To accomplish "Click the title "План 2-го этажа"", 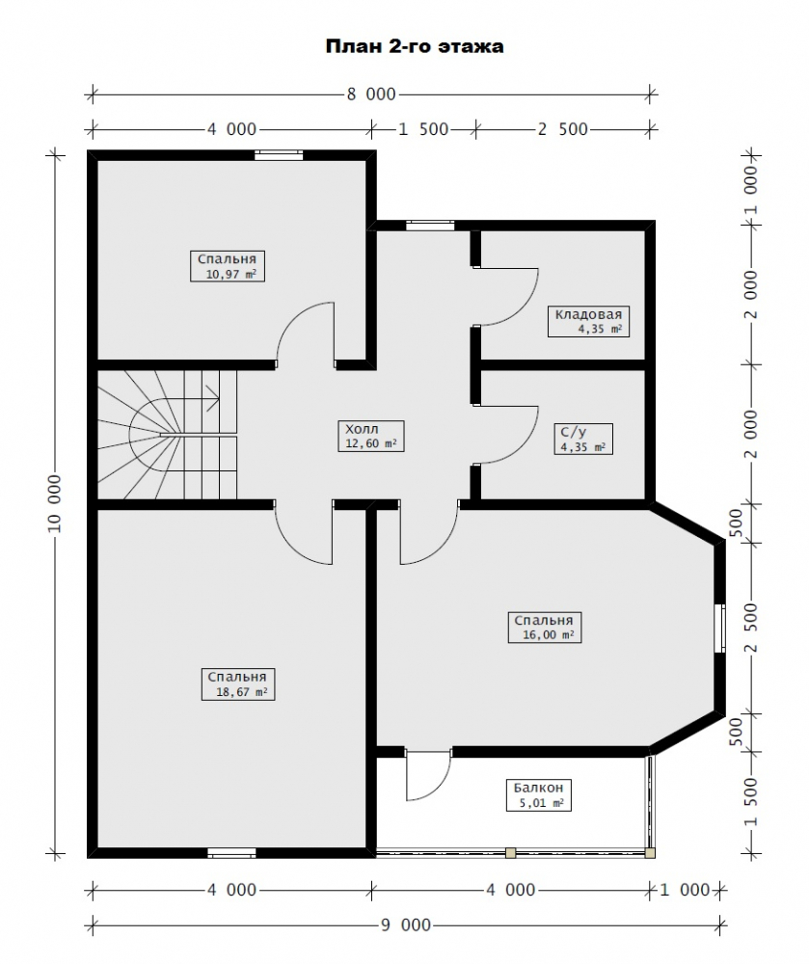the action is pos(415,46).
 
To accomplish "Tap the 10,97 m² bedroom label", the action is pos(228,266).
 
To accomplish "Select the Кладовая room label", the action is pos(588,321).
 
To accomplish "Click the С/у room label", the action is pos(582,439).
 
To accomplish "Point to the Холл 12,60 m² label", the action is pos(370,436).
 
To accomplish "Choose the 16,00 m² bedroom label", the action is pos(544,628).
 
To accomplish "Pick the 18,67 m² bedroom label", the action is pos(237,684).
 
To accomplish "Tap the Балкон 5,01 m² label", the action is pos(538,795).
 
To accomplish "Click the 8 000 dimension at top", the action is pos(371,94).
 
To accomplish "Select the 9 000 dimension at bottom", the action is pos(406,924).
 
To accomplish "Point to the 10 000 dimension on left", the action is pos(55,503).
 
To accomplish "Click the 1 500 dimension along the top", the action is pos(423,130).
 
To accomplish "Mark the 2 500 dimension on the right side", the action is pos(750,628).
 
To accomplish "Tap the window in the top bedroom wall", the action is pos(279,155).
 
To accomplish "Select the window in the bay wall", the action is pos(720,628).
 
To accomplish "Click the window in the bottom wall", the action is pos(231,853).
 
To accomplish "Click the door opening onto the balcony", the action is pos(428,775).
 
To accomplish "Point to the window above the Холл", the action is pos(430,226).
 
